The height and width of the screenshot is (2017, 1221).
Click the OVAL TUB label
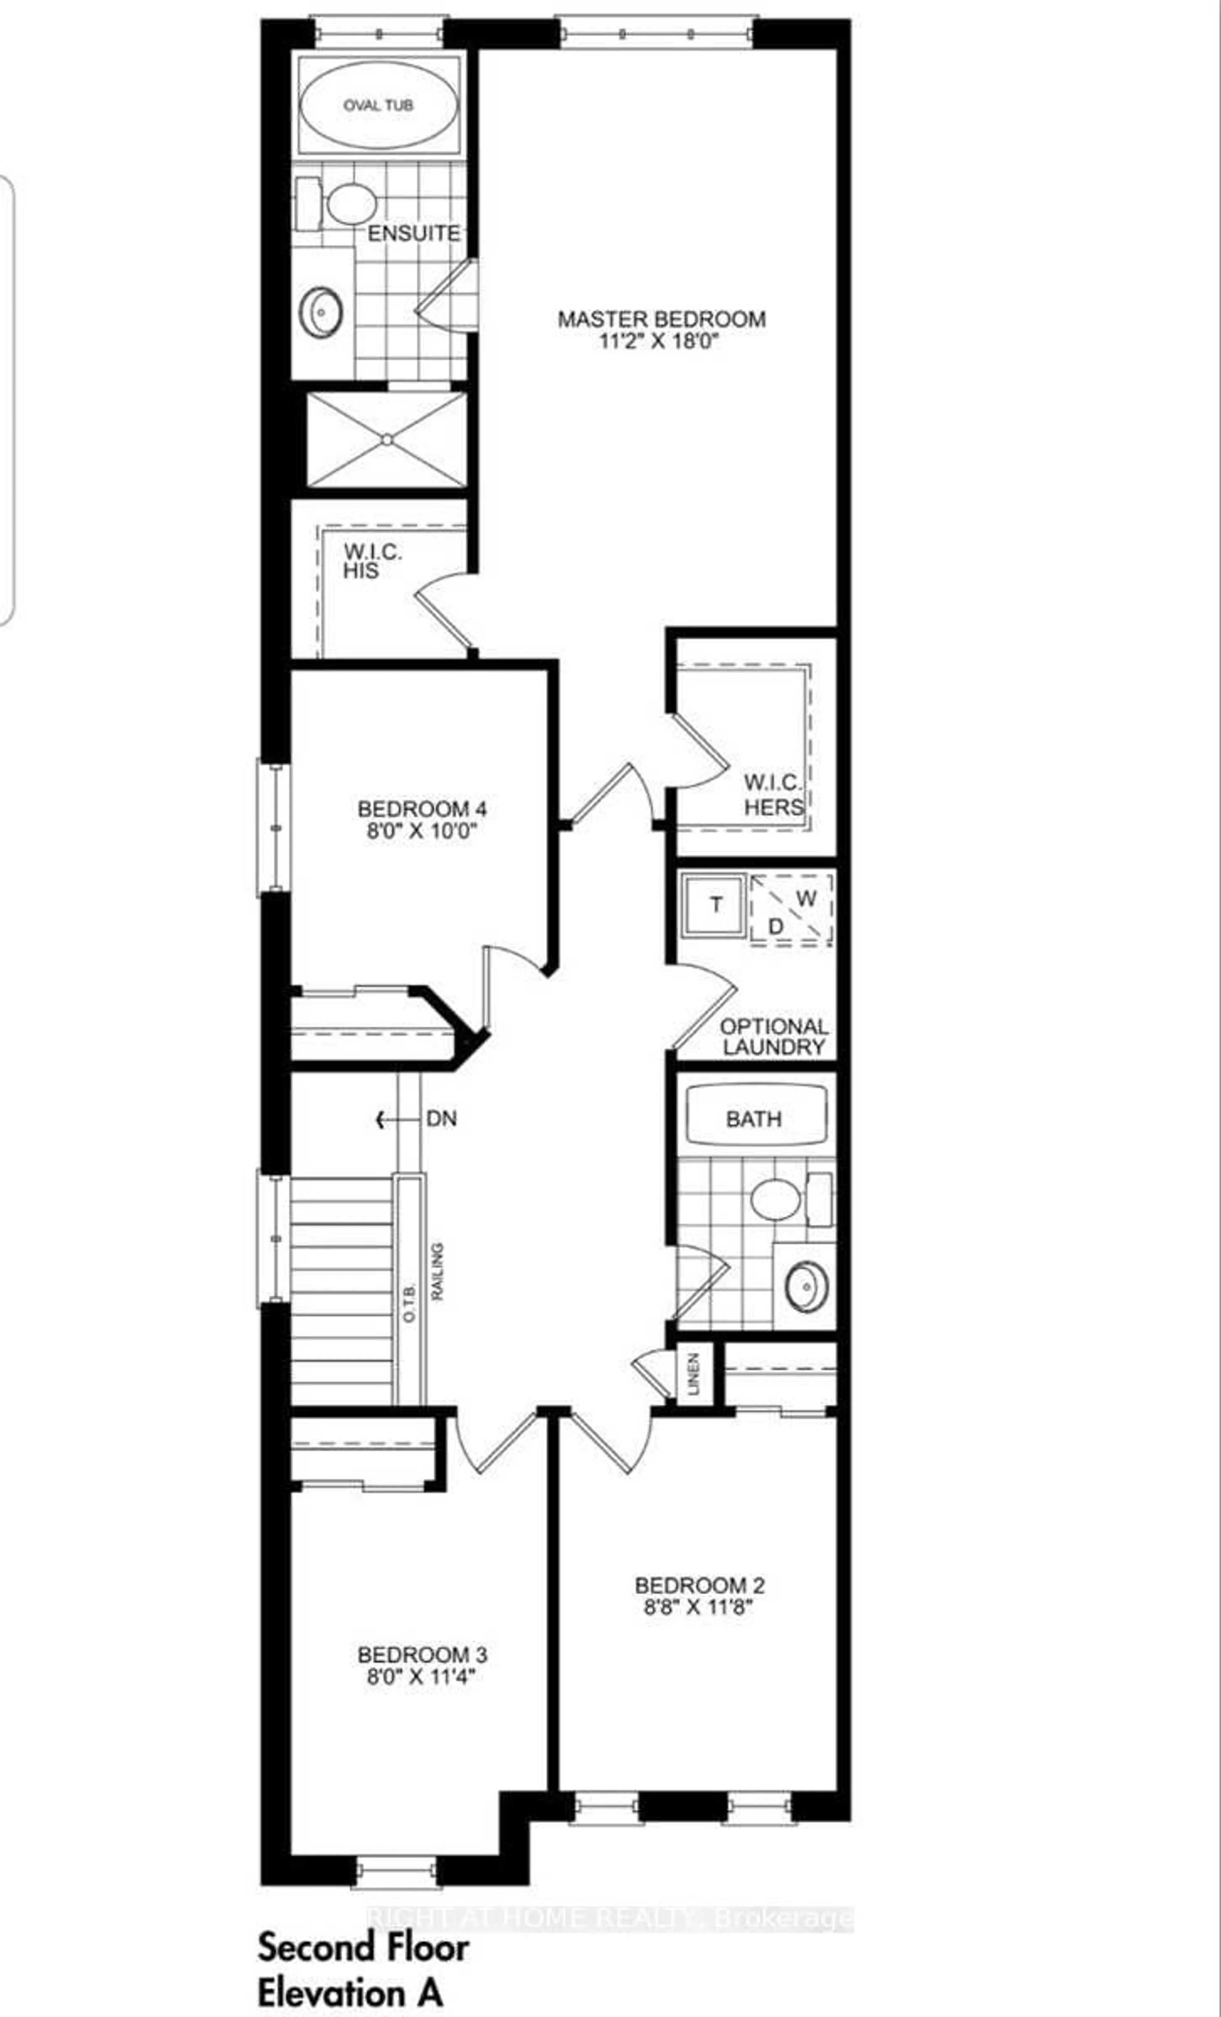(x=378, y=106)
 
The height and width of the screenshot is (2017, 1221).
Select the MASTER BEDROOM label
(x=662, y=319)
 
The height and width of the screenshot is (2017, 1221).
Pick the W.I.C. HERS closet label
(x=773, y=795)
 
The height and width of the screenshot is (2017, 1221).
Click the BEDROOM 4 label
(x=422, y=809)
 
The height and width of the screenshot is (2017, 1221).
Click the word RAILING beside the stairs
(x=438, y=1271)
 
